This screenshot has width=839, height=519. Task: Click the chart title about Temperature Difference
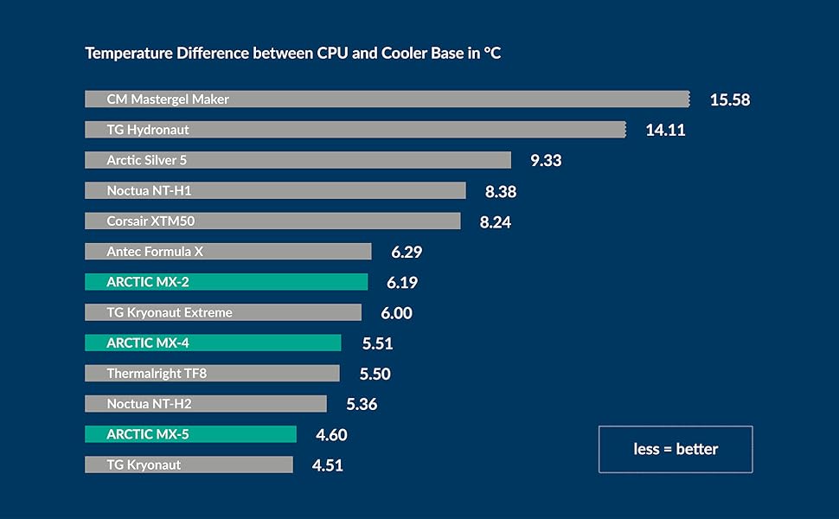click(x=292, y=54)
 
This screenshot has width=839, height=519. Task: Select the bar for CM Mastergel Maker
click(x=387, y=99)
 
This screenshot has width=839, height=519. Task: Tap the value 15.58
click(x=729, y=99)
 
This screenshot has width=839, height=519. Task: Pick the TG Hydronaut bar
click(x=355, y=130)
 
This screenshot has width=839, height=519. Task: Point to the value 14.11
click(x=665, y=131)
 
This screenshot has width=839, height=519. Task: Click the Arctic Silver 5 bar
click(x=298, y=160)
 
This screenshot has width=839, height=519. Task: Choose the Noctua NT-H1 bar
click(x=275, y=190)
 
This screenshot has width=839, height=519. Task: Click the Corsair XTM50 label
click(x=151, y=221)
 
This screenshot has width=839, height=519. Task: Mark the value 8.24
click(x=495, y=222)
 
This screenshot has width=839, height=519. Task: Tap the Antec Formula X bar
click(x=227, y=252)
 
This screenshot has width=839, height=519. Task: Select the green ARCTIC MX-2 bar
click(x=226, y=282)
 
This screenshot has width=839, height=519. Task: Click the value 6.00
click(x=396, y=313)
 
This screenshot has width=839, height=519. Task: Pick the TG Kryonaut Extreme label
click(x=170, y=312)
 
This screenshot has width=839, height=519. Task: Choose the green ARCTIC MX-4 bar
click(x=213, y=343)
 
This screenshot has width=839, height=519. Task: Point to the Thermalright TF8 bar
click(x=212, y=374)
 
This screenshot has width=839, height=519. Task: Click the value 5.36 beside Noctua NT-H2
click(x=362, y=405)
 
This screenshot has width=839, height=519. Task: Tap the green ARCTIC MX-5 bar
click(x=190, y=434)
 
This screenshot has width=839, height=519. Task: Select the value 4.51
click(x=327, y=465)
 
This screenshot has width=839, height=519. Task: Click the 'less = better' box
click(x=675, y=449)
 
